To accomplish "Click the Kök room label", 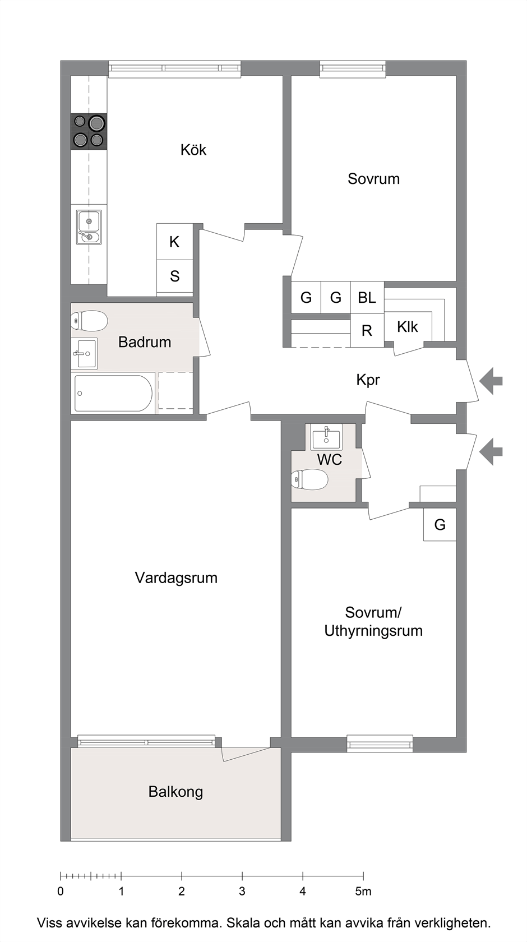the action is click(193, 150).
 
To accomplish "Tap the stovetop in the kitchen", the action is click(89, 131).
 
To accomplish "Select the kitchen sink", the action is click(89, 227).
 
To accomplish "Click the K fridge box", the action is click(174, 242).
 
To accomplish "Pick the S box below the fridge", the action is click(174, 276).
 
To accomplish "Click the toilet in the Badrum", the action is click(90, 321).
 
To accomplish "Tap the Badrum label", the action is click(145, 342).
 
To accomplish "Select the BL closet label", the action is click(367, 298).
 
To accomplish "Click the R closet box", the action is click(367, 331).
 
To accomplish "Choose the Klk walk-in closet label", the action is click(408, 327).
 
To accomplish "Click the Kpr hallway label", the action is click(368, 380).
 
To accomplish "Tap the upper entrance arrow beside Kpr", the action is click(491, 381).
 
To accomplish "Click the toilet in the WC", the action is click(309, 479).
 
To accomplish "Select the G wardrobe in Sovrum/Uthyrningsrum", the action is click(440, 524).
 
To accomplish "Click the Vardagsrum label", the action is click(176, 578).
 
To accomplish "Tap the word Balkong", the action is click(176, 792).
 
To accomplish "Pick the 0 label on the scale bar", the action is click(61, 891).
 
